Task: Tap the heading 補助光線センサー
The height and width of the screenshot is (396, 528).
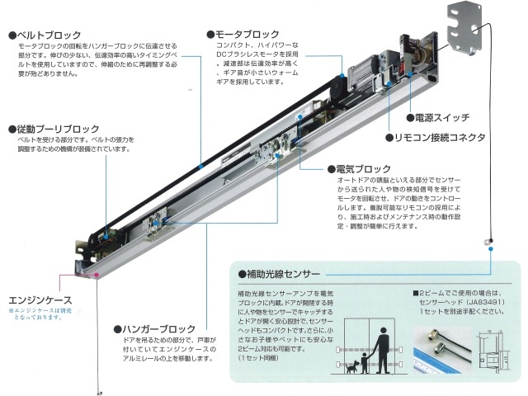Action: (285, 274)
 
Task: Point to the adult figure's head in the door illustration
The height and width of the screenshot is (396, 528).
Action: (381, 329)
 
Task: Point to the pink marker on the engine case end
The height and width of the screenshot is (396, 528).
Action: (98, 275)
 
